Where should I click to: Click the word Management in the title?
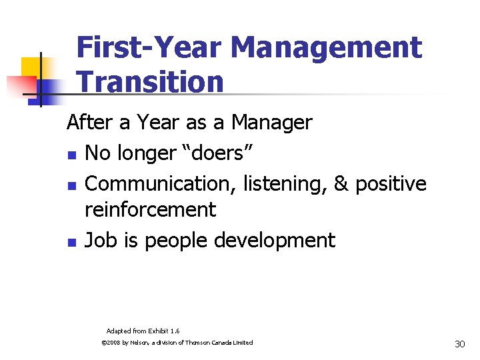click(x=327, y=48)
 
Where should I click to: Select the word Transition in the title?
click(x=150, y=82)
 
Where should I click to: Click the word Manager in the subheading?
click(x=271, y=123)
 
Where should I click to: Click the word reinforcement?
click(x=151, y=210)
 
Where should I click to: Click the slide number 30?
click(x=459, y=344)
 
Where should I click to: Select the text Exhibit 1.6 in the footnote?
click(x=165, y=331)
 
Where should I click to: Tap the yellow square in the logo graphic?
click(x=31, y=67)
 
